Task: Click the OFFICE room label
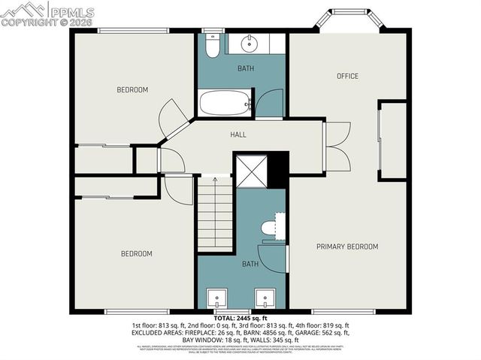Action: (347, 76)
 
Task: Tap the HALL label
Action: (238, 135)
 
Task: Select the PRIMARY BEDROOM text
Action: (346, 247)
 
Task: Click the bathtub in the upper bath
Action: (224, 102)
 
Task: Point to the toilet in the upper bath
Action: (212, 46)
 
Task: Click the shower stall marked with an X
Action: (251, 170)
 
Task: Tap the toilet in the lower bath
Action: (270, 228)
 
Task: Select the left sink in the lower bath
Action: (219, 298)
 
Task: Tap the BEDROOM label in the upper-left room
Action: (132, 90)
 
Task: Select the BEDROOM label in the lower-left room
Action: (137, 254)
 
